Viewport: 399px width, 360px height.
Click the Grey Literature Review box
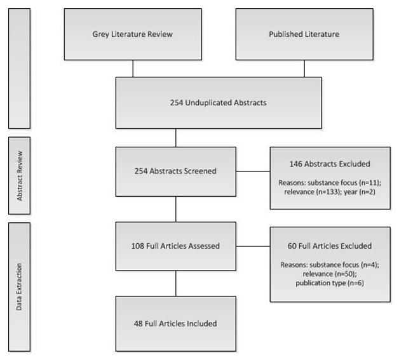132,34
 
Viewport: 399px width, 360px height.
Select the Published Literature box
304,34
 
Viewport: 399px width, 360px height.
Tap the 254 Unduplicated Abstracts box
218,102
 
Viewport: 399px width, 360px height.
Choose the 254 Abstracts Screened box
175,171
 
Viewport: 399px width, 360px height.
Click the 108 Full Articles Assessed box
175,246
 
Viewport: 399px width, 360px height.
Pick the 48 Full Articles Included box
175,323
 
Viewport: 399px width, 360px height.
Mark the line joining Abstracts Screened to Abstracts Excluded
253,171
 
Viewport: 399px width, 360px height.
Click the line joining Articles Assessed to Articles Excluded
253,246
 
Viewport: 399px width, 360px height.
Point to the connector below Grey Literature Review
132,68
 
